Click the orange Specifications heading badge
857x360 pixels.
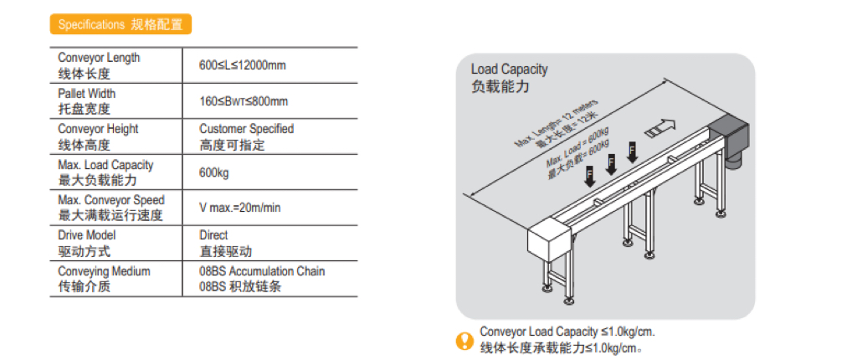121,24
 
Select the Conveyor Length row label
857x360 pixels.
99,65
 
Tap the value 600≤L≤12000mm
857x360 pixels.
243,65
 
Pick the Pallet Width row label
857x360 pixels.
86,101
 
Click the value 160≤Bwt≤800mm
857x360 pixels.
244,101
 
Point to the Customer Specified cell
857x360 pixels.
247,136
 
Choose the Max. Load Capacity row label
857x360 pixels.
105,172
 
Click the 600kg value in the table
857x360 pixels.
214,173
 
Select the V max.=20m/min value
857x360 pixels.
240,208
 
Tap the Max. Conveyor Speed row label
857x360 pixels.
111,208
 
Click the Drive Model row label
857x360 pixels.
86,244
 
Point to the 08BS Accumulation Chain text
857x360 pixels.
262,271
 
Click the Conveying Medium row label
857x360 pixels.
104,279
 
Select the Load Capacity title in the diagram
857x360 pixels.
510,78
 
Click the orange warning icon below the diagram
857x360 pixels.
464,340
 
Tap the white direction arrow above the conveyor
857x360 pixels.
659,126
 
